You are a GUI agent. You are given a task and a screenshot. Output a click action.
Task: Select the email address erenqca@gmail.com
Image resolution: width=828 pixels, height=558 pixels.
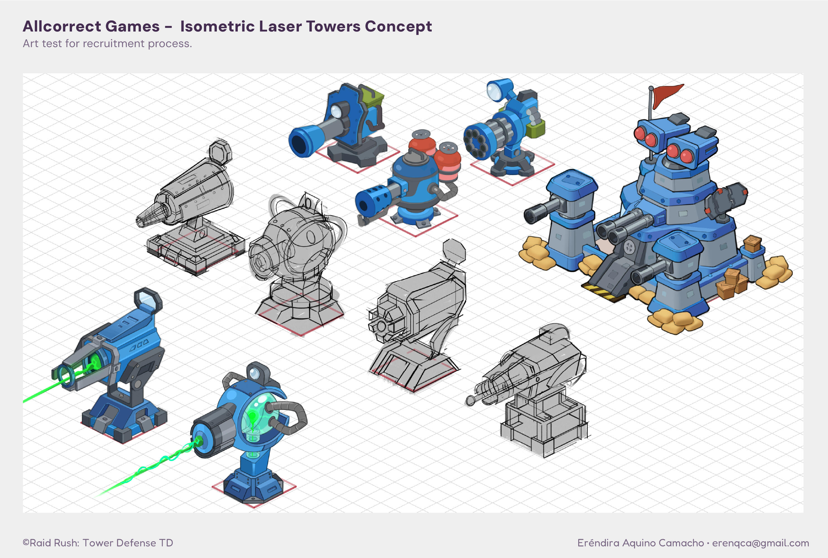[x=760, y=543]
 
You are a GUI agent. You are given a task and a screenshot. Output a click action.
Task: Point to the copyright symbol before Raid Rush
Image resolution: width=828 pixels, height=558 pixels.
[x=26, y=542]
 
